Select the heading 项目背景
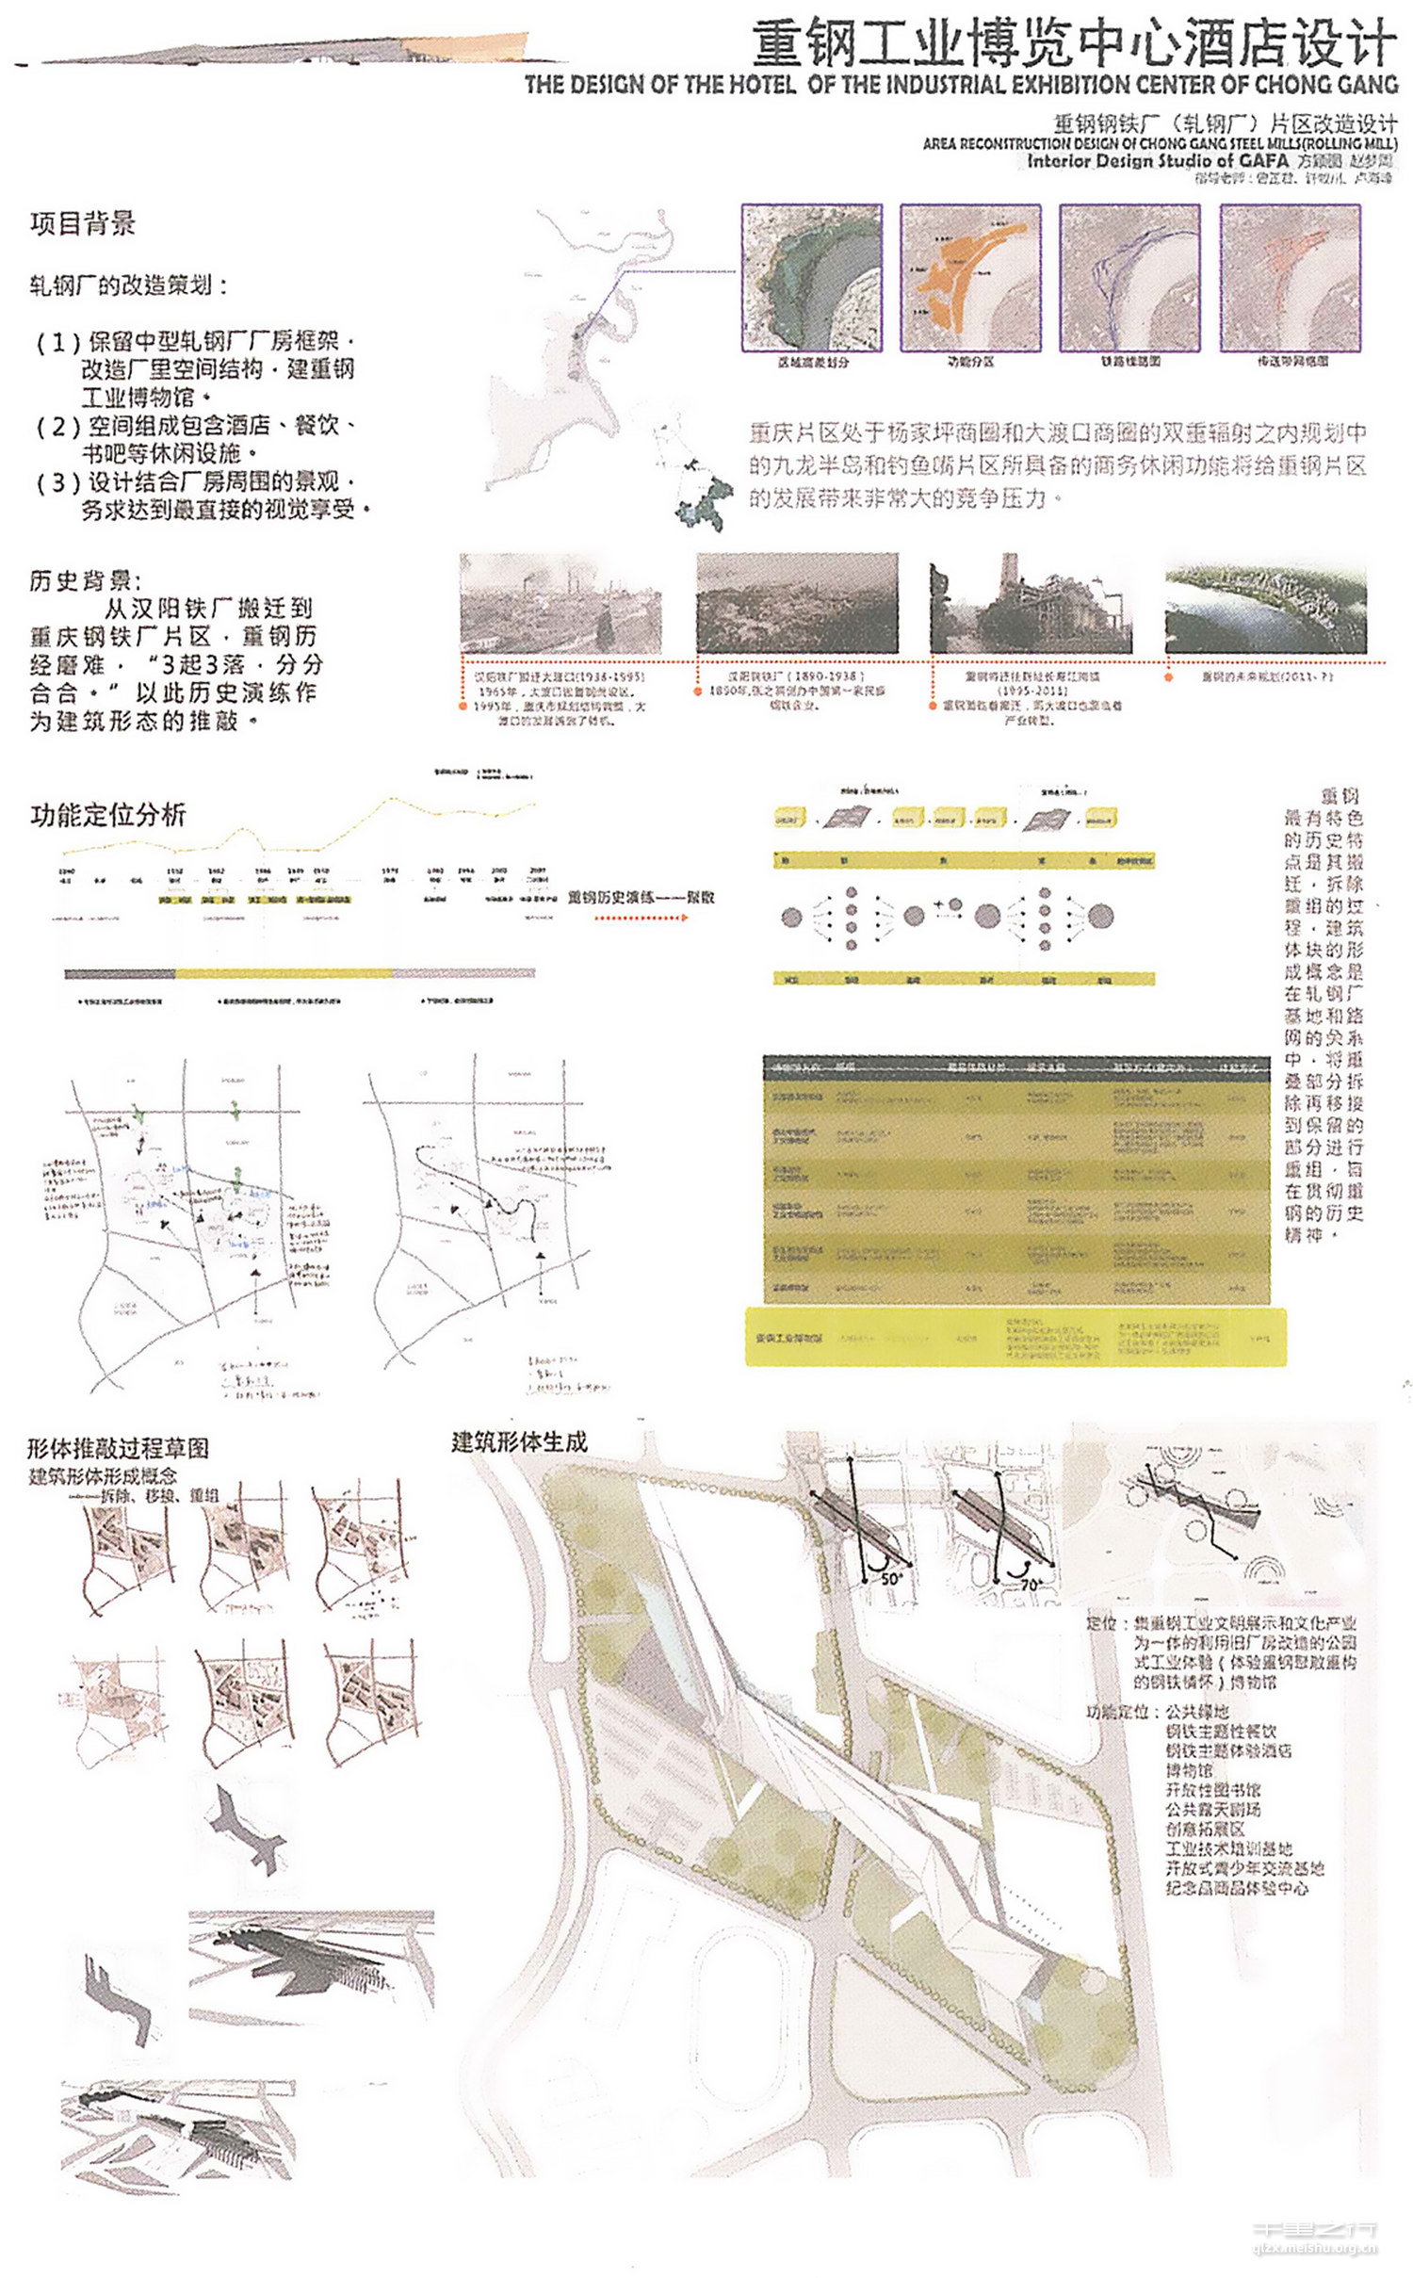[83, 224]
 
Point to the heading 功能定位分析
[108, 815]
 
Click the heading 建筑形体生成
[519, 1442]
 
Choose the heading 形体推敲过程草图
[118, 1448]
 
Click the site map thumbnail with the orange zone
[970, 278]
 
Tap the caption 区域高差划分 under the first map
[813, 362]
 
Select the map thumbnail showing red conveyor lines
[1290, 278]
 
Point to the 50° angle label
[890, 1579]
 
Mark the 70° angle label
[1030, 1585]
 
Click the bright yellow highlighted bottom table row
[1015, 1337]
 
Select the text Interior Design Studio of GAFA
[1157, 161]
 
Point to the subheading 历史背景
[85, 580]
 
